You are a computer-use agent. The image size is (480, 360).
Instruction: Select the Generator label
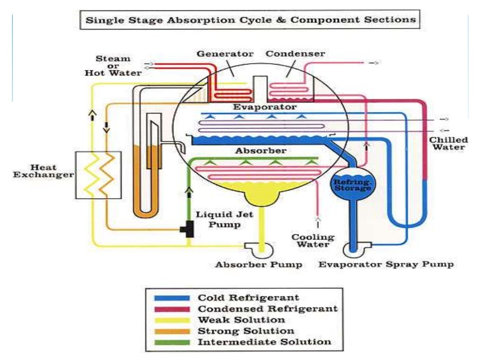225,54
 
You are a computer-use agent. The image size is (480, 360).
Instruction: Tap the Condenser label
295,54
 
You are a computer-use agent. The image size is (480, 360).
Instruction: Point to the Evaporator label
265,107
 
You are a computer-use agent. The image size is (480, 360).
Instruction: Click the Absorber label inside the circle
261,151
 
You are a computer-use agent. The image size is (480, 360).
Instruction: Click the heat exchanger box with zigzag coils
98,174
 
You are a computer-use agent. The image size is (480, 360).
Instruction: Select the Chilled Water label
449,143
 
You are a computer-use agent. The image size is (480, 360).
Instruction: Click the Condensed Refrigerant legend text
267,309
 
